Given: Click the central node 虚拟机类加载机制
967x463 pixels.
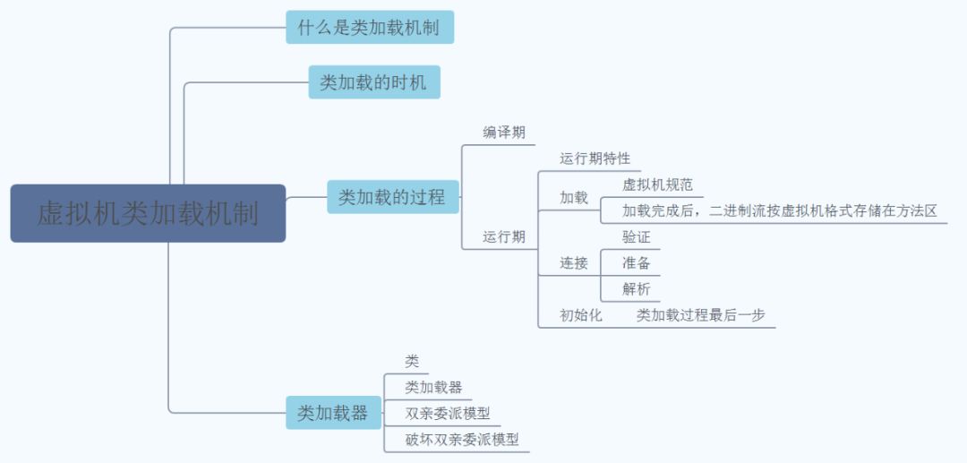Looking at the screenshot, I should click(x=148, y=213).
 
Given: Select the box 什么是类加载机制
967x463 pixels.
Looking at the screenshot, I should click(x=369, y=28).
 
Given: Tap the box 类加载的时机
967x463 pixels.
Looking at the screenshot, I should click(x=373, y=82).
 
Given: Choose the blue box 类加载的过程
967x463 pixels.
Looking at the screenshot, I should click(x=392, y=197).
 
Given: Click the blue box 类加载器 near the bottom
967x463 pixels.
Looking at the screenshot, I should click(x=332, y=413).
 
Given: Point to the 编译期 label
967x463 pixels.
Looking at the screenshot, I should click(x=504, y=133).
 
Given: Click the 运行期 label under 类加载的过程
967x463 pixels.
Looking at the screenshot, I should click(x=504, y=237).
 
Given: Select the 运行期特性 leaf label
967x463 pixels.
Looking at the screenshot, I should click(x=595, y=159).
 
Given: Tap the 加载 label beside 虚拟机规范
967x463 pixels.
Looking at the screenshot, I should click(x=574, y=198).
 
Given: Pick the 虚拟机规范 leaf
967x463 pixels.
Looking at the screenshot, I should click(x=657, y=185).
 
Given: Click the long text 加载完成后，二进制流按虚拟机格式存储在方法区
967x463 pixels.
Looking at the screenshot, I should click(x=779, y=211).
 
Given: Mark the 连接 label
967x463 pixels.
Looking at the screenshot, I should click(x=574, y=263).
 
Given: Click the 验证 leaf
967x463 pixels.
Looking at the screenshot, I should click(x=636, y=237).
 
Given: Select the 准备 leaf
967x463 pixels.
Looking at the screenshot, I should click(x=636, y=263).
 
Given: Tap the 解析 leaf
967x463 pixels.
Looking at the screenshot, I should click(x=636, y=289).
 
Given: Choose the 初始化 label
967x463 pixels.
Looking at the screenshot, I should click(x=581, y=315).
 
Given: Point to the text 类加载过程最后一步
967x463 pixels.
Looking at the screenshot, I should click(x=700, y=315).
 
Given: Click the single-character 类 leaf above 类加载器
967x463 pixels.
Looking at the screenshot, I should click(x=412, y=362).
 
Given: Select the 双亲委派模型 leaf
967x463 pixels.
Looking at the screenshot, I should click(x=447, y=414).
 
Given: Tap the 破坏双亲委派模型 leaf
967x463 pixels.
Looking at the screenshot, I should click(x=461, y=440).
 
